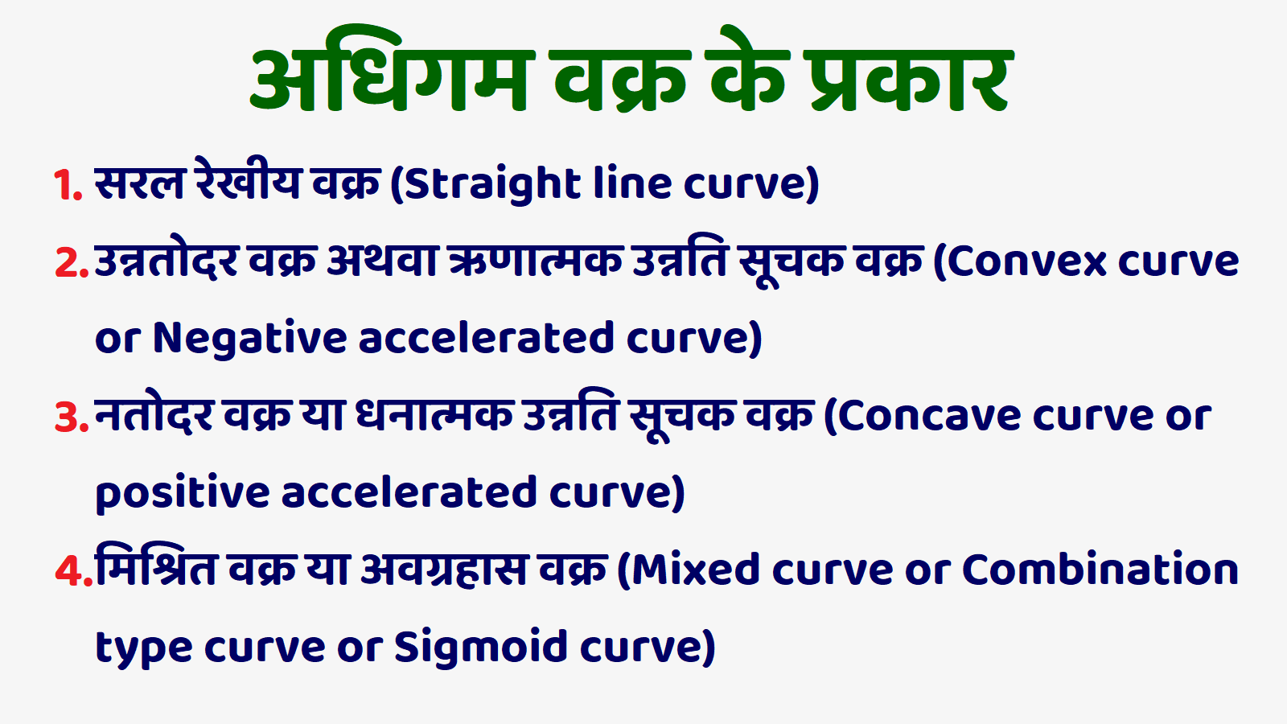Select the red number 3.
[x=68, y=418]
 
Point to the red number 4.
[x=69, y=572]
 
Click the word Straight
[x=492, y=185]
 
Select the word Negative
[x=250, y=339]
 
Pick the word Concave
[x=928, y=416]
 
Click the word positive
[x=183, y=493]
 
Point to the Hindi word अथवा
[x=383, y=261]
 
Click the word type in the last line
[x=144, y=649]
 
